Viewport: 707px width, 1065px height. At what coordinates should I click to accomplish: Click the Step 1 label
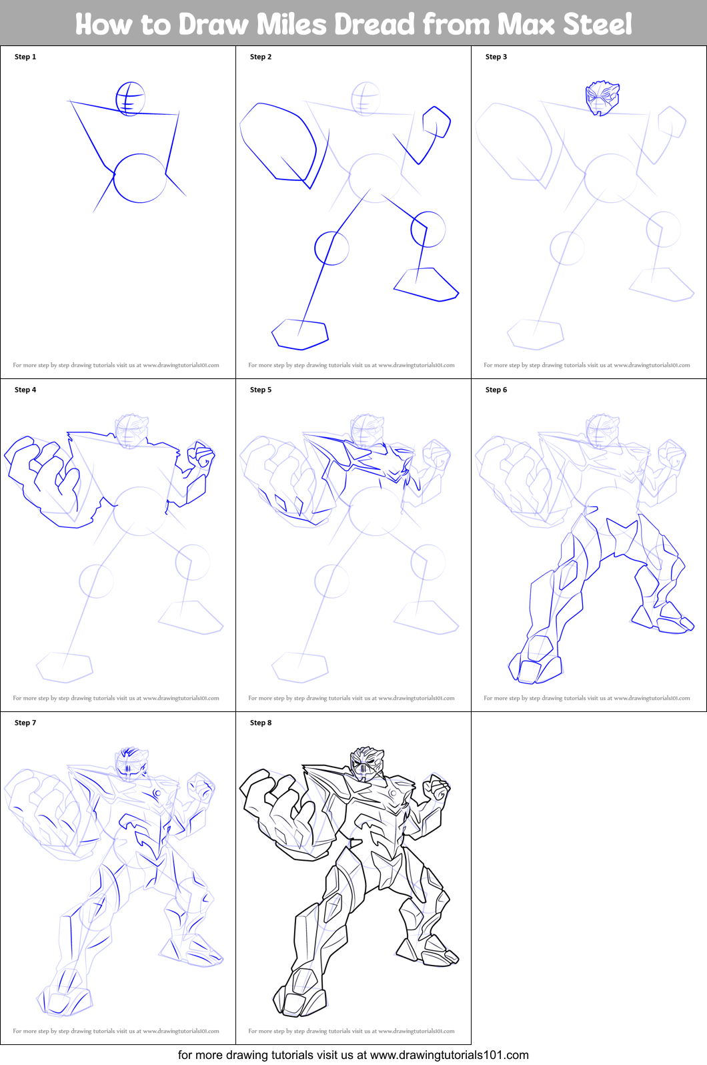[x=25, y=57]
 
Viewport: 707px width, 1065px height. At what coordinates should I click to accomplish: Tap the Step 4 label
[x=25, y=390]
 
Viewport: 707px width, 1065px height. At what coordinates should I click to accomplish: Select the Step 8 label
[x=261, y=723]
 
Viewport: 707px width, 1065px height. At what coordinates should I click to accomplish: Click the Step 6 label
[x=496, y=390]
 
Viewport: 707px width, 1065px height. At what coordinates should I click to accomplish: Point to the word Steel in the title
[x=597, y=24]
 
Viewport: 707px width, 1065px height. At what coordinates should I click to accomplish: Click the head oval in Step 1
[x=130, y=99]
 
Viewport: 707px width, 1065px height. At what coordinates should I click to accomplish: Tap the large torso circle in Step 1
[x=139, y=178]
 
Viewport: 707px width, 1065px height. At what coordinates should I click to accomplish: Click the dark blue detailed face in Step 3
[x=602, y=98]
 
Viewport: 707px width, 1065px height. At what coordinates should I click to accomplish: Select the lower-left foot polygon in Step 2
[x=300, y=334]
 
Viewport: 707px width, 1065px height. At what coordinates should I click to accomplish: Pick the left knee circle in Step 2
[x=331, y=248]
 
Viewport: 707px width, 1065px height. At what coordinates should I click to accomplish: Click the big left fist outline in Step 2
[x=277, y=141]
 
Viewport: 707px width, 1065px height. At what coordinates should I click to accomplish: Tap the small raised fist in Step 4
[x=201, y=457]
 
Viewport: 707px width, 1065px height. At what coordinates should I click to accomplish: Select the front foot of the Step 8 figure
[x=300, y=994]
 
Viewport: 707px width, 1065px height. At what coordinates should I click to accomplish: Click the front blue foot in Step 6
[x=534, y=664]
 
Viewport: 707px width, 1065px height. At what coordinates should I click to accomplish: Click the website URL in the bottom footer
[x=449, y=1055]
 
